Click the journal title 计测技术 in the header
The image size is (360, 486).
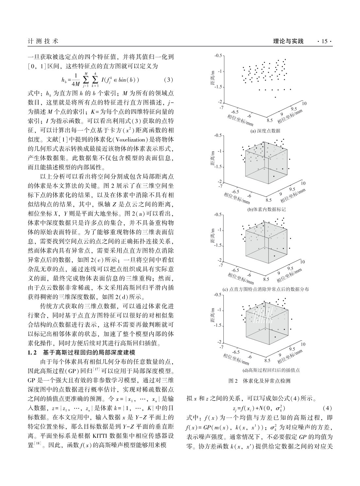[43, 41]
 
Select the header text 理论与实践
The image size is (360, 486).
[288, 41]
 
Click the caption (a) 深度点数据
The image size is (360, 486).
[265, 131]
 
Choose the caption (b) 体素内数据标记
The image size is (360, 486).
[266, 209]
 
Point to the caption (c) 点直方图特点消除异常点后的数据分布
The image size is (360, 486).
[266, 289]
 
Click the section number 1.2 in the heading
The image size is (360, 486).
[33, 352]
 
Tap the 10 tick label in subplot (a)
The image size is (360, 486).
[304, 103]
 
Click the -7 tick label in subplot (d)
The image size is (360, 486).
[221, 346]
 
